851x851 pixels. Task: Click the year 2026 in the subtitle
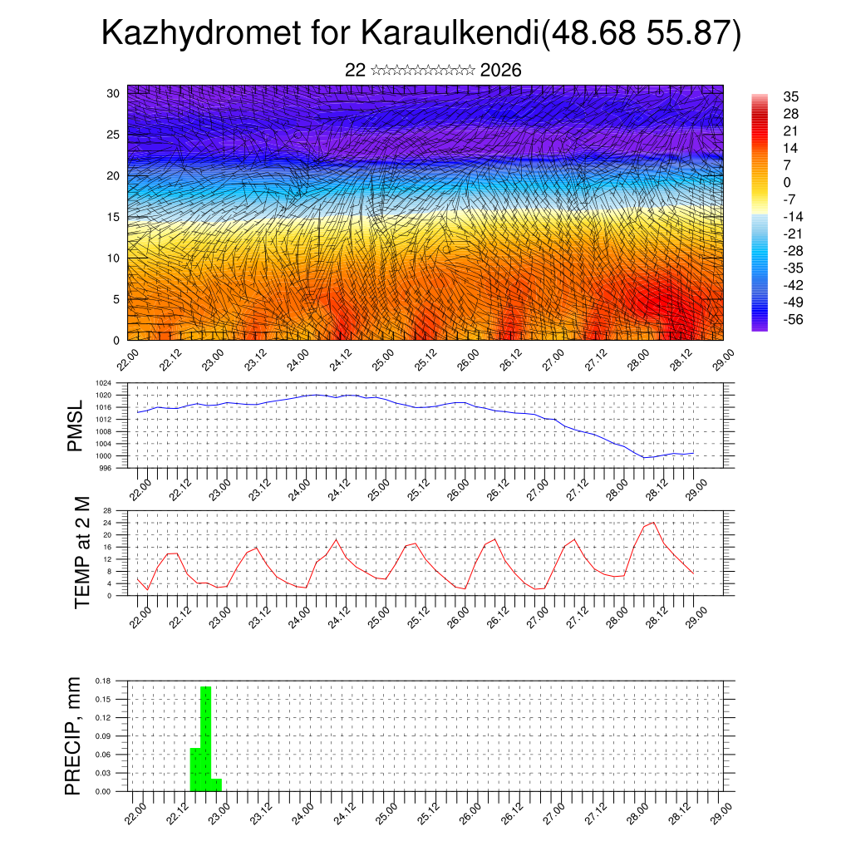(x=500, y=71)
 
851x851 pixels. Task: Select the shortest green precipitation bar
(x=216, y=785)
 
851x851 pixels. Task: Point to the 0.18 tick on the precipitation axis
(x=103, y=681)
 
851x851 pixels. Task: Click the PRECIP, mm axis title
(x=74, y=735)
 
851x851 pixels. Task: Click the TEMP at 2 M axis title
(x=81, y=552)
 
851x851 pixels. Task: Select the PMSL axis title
(x=75, y=425)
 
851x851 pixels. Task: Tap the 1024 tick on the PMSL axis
(x=104, y=384)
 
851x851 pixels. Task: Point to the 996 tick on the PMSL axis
(x=106, y=468)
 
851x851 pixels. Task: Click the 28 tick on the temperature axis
(x=107, y=510)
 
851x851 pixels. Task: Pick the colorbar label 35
(x=790, y=97)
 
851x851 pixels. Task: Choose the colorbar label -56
(x=793, y=320)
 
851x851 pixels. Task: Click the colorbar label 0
(x=787, y=183)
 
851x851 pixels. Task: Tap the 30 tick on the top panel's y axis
(x=112, y=93)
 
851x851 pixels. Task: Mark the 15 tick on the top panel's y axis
(x=112, y=217)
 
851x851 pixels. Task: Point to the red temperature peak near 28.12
(x=654, y=523)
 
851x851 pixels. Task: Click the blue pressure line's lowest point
(x=645, y=457)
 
